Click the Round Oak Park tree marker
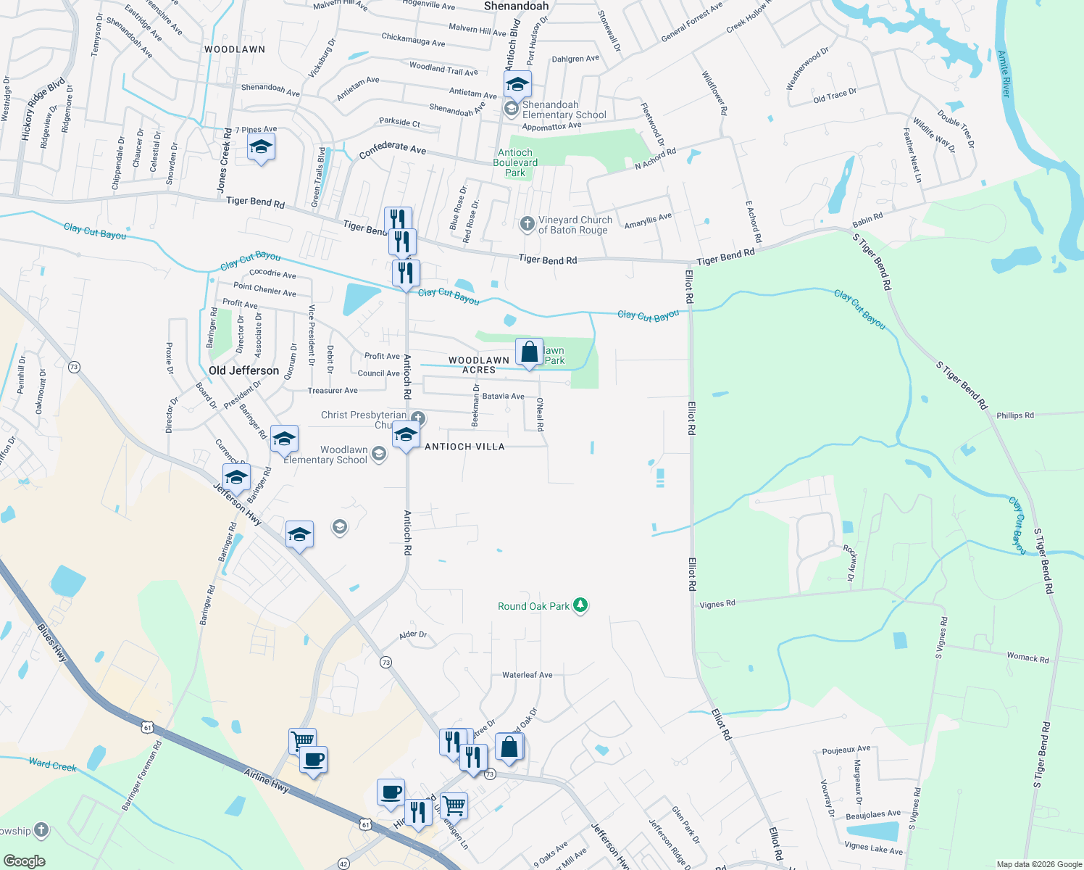tap(580, 605)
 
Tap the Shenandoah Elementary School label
tap(564, 109)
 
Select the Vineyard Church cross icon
tap(528, 223)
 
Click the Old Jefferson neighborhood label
tap(243, 370)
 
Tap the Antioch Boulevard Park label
tap(515, 162)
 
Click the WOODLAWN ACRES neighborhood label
tap(479, 365)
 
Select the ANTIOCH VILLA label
tap(464, 447)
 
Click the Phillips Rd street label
tap(1014, 415)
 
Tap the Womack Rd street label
tap(1027, 658)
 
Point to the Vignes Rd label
tap(717, 604)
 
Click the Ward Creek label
tap(52, 765)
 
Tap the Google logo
tap(24, 861)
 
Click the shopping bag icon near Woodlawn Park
tap(529, 352)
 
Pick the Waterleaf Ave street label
tap(527, 675)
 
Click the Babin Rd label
tap(867, 218)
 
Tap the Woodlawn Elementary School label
tap(326, 455)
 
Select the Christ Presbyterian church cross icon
tap(418, 418)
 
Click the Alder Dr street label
tap(413, 634)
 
